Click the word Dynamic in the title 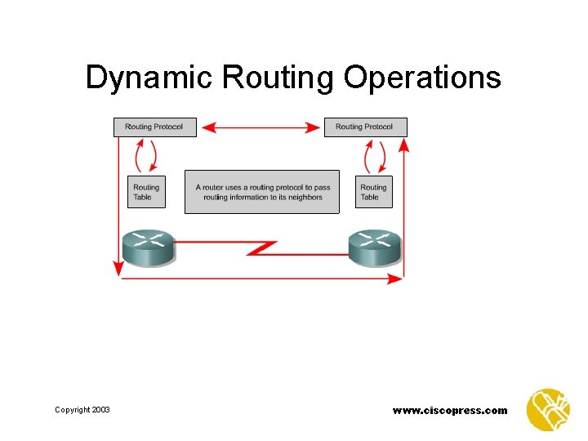click(149, 78)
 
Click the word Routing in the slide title click(278, 78)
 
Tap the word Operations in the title click(421, 78)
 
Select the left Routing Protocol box click(154, 127)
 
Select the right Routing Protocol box click(365, 127)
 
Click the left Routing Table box click(146, 191)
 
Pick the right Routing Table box click(373, 191)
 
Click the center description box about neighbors click(261, 192)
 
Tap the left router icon click(149, 247)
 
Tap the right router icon click(376, 247)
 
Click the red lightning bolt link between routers click(263, 247)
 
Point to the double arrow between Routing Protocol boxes click(261, 127)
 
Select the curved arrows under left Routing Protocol click(145, 155)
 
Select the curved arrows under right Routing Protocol click(376, 155)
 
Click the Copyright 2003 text click(82, 409)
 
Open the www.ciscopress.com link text click(450, 410)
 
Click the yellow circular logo click(548, 409)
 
